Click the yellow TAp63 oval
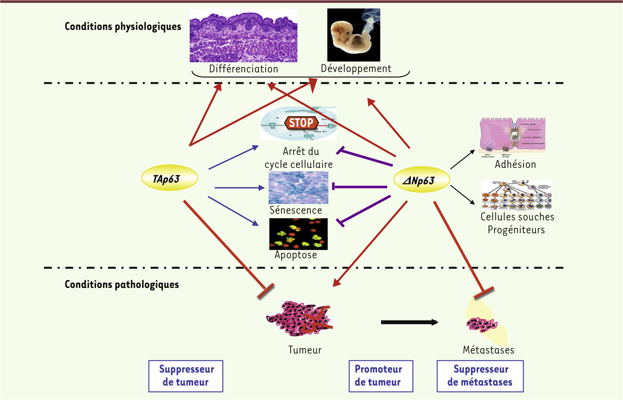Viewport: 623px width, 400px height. [169, 178]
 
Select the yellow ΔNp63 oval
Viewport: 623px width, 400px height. [421, 180]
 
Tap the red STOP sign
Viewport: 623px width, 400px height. [301, 123]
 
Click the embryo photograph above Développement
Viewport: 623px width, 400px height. [354, 35]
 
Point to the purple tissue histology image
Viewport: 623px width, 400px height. [243, 36]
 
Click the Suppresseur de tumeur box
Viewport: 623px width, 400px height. [186, 376]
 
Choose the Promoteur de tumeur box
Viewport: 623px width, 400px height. [380, 376]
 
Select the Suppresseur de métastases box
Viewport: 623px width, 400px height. [480, 376]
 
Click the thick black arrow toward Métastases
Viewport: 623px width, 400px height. [409, 322]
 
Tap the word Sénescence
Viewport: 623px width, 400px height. [296, 210]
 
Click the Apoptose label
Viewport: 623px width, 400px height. [296, 255]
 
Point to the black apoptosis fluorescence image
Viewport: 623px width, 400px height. [298, 234]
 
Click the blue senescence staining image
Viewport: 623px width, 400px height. [298, 187]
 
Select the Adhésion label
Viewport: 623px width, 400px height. [515, 164]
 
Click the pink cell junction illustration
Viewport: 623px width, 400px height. [512, 135]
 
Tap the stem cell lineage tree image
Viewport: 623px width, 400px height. [516, 195]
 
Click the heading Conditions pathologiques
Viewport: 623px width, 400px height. [122, 285]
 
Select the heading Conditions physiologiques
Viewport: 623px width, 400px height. [123, 27]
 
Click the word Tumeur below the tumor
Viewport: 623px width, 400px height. [305, 350]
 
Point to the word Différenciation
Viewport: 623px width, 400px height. [243, 69]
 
